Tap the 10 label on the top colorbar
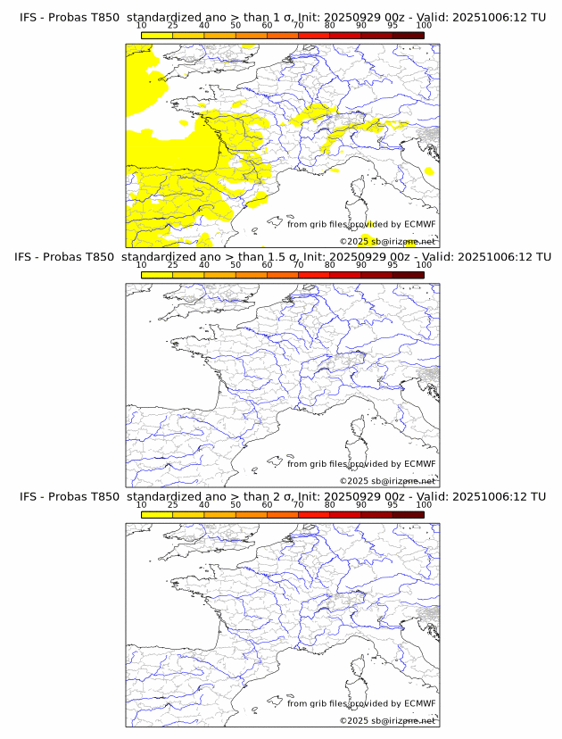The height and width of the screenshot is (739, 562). [x=142, y=26]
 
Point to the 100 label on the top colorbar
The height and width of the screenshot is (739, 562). [x=424, y=26]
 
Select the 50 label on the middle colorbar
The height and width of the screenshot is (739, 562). [x=236, y=265]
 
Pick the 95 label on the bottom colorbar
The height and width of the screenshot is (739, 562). [x=393, y=505]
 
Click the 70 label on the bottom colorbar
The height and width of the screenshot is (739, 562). [x=298, y=505]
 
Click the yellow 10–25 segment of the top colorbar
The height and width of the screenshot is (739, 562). [x=157, y=35]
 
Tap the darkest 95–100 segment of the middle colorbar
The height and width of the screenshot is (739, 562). [x=409, y=275]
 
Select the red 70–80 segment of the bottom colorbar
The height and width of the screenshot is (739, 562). [x=314, y=515]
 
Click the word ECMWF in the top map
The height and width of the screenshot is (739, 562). [x=419, y=224]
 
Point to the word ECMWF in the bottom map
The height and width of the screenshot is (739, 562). [x=419, y=703]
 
